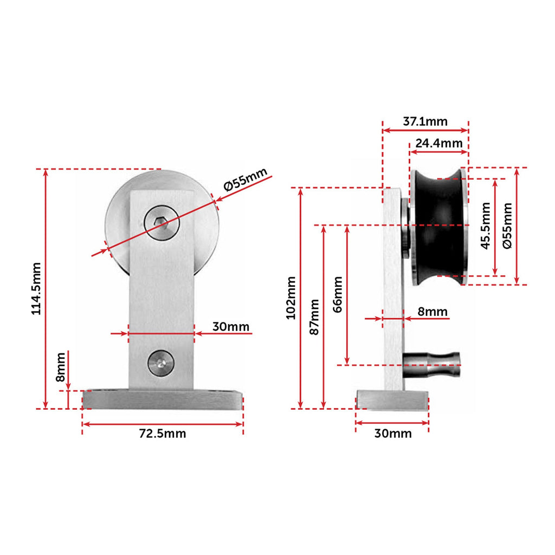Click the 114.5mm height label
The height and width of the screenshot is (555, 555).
pos(36,288)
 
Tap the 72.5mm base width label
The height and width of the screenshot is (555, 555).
pos(163,433)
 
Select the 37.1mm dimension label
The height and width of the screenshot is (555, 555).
pos(425,121)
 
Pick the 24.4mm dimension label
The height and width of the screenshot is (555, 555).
pos(439,143)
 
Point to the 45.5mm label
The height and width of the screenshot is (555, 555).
pos(486,226)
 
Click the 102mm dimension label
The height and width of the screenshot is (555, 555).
pos(291,298)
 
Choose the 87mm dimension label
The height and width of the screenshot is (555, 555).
pos(314,317)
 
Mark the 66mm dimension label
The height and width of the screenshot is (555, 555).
pos(338,294)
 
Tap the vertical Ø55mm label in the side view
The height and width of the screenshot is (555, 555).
pos(507,226)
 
